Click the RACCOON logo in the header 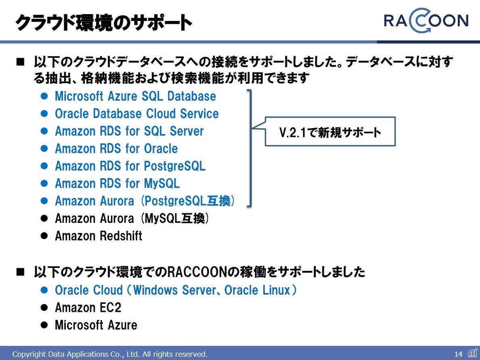426,21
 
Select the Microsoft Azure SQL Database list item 135,96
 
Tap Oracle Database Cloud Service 136,114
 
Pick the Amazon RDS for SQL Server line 129,131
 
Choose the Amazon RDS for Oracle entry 116,149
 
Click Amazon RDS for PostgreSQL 130,166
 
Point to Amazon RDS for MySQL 117,183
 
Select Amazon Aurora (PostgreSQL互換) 145,201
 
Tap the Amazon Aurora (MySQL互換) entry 132,219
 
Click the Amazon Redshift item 99,236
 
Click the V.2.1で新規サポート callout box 330,132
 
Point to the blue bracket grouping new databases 251,148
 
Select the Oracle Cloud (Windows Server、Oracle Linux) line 176,290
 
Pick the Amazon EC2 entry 88,307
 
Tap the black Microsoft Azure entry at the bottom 96,325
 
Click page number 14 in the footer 458,354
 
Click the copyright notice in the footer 110,354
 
